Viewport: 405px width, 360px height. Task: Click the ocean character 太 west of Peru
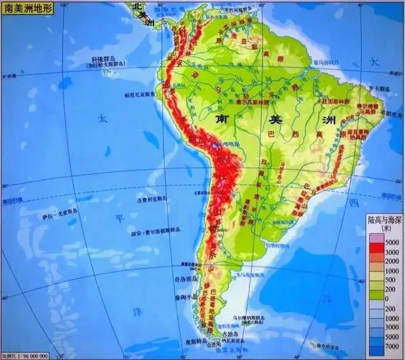[103, 115]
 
